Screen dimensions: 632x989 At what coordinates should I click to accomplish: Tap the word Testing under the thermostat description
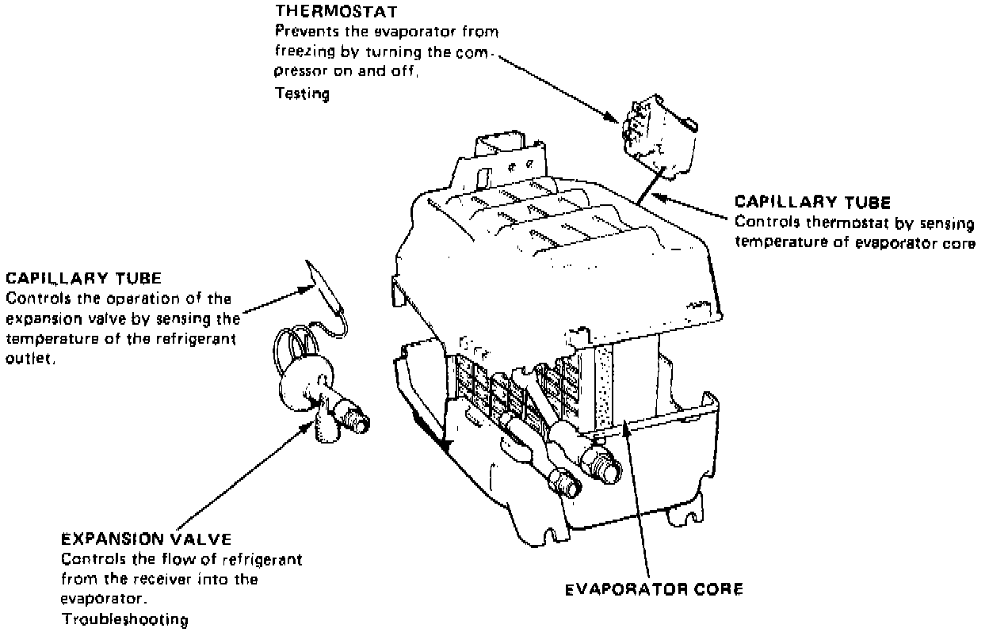[302, 93]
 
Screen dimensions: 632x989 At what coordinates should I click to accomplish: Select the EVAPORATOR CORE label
[654, 590]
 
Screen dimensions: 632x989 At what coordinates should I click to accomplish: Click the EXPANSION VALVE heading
[147, 539]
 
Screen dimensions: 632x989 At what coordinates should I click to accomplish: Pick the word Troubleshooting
[125, 619]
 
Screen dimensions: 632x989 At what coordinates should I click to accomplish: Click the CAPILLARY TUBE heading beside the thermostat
[813, 202]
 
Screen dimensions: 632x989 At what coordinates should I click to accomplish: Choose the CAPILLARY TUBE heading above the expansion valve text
[84, 279]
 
